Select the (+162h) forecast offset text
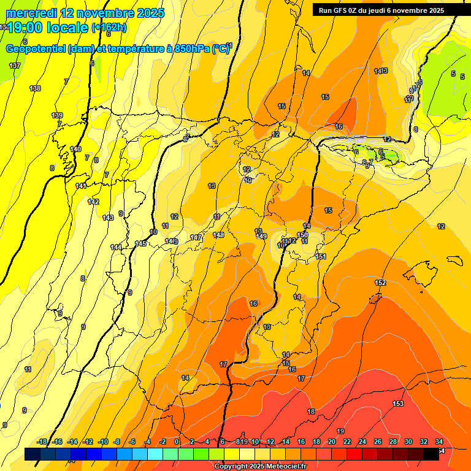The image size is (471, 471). [x=110, y=28]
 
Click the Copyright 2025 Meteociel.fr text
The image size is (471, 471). [x=261, y=466]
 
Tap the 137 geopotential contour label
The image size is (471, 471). [x=15, y=66]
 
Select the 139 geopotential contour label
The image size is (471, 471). [x=57, y=115]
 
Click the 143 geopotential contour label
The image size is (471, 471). [x=108, y=218]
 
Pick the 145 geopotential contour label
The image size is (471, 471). [x=140, y=243]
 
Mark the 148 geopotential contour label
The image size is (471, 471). [x=218, y=235]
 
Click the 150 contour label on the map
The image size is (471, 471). [x=302, y=235]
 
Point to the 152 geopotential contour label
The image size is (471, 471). [x=380, y=283]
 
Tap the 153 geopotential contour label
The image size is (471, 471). [x=398, y=404]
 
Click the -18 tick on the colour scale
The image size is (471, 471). [x=42, y=442]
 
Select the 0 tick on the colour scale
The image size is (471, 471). [x=177, y=442]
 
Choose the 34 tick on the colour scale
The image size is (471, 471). [x=438, y=442]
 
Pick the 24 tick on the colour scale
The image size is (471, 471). [x=362, y=442]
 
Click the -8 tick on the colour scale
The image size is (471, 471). [x=117, y=442]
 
